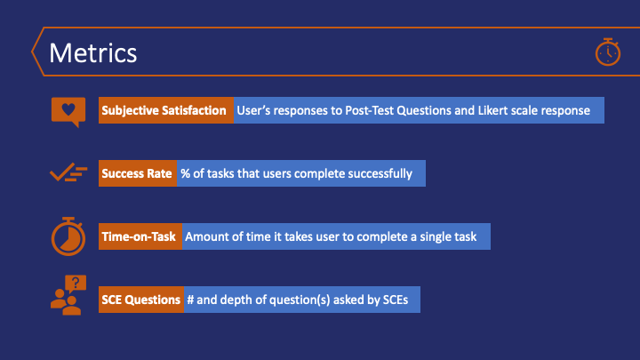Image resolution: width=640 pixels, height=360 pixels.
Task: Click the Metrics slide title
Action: tap(93, 53)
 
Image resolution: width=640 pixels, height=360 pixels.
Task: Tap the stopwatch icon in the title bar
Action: tap(608, 52)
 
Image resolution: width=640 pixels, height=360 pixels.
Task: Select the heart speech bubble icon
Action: tap(68, 112)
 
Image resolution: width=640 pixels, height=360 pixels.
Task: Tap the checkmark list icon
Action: tap(68, 172)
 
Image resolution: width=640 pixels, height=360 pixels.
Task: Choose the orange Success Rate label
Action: tap(138, 173)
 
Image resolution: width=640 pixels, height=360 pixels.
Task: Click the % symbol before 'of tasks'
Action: tap(185, 174)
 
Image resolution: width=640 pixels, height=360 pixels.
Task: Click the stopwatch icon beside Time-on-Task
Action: tap(68, 236)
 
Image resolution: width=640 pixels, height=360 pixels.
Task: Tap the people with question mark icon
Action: tap(68, 295)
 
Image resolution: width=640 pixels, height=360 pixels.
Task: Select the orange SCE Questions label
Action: tap(141, 300)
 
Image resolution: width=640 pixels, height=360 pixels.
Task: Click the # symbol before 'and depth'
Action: tap(190, 300)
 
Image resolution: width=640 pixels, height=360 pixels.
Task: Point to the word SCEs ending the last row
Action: tap(396, 300)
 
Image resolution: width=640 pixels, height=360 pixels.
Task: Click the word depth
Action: tap(236, 300)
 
